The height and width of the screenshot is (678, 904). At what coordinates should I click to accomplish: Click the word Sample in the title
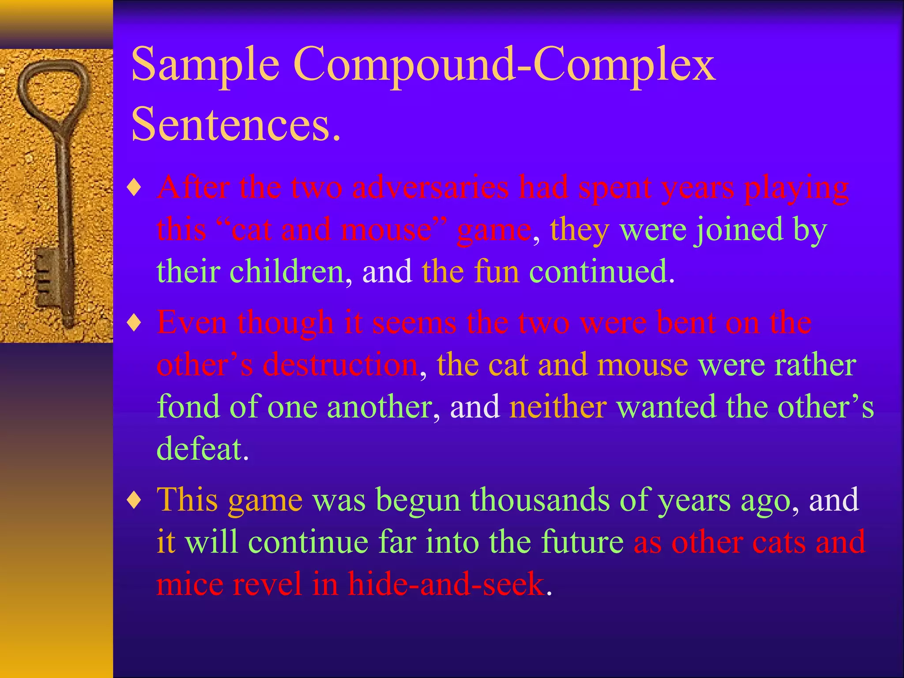(205, 65)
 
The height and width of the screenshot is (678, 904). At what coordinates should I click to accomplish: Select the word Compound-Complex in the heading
(504, 65)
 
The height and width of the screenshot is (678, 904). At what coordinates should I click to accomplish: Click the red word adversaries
(430, 188)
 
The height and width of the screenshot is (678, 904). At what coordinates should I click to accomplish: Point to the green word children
(287, 271)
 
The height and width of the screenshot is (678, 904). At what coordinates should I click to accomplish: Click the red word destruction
(340, 365)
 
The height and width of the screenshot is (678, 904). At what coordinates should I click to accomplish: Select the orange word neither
(558, 407)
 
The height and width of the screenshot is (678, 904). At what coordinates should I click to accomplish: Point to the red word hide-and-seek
(446, 584)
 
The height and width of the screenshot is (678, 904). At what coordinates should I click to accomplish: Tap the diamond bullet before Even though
(134, 324)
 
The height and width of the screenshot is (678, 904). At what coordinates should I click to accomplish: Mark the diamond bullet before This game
(134, 501)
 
